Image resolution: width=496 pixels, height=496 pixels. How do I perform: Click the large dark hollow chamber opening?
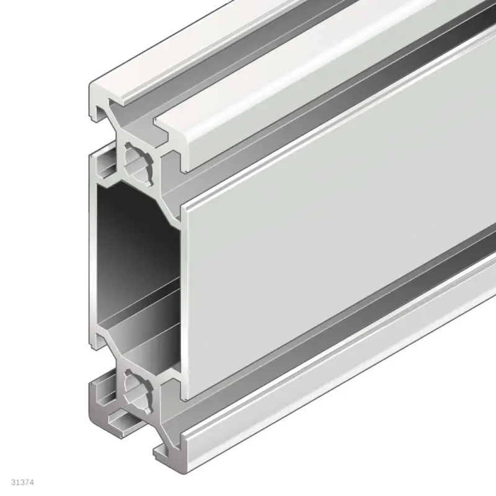133,248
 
